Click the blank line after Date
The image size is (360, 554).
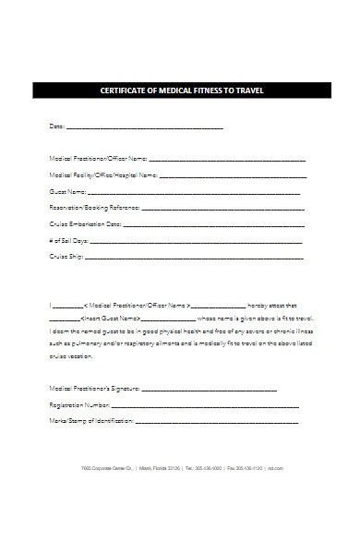tap(145, 126)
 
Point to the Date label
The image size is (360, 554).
tap(56, 126)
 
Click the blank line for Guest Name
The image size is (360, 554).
tap(193, 192)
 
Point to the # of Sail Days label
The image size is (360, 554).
tap(68, 241)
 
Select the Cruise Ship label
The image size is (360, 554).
tap(66, 258)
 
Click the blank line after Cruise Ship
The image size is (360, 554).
tap(195, 259)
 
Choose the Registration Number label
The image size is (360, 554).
tap(79, 404)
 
